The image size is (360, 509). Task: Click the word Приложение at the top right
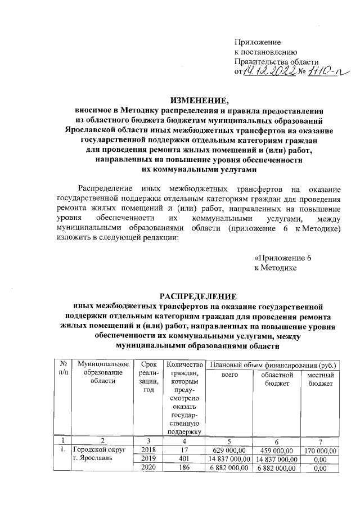tap(257, 42)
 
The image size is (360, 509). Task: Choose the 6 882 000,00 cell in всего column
tap(228, 467)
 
